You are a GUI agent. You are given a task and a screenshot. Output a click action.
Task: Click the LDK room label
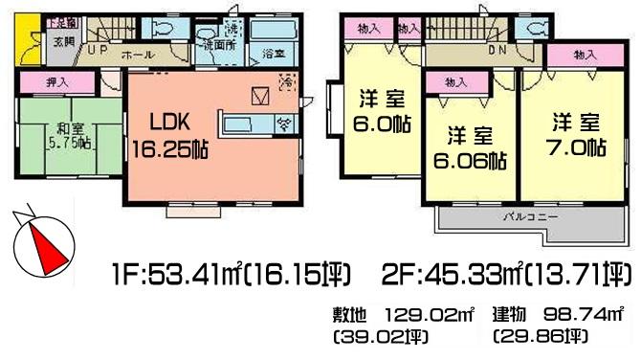click(x=171, y=123)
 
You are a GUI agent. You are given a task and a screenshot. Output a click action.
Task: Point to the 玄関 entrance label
click(x=36, y=41)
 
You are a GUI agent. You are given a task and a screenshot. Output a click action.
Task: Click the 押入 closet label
click(x=58, y=83)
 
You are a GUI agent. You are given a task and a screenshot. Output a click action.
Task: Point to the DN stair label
click(x=497, y=50)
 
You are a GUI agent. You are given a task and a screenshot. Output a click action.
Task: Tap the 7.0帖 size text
click(x=578, y=148)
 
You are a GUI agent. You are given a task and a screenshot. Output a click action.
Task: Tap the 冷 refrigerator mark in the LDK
click(x=287, y=83)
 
